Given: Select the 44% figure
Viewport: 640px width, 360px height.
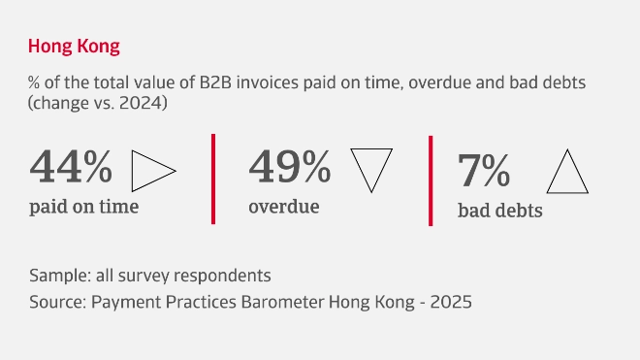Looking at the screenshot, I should click(x=71, y=167).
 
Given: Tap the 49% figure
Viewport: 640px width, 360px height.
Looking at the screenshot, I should click(x=289, y=167).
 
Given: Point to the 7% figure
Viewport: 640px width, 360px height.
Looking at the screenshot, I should click(x=484, y=172).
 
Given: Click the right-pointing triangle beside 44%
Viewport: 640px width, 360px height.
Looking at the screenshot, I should click(x=151, y=171).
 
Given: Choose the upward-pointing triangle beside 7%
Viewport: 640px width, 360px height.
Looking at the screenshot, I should click(x=568, y=173).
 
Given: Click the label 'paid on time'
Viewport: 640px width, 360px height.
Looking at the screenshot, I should click(x=83, y=207).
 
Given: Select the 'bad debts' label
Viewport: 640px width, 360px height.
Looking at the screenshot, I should click(x=499, y=210).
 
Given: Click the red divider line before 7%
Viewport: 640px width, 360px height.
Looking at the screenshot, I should click(x=431, y=180).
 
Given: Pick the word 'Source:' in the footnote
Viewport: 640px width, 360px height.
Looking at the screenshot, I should click(x=56, y=302).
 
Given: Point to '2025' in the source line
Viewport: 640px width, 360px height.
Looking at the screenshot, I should click(x=451, y=302).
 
